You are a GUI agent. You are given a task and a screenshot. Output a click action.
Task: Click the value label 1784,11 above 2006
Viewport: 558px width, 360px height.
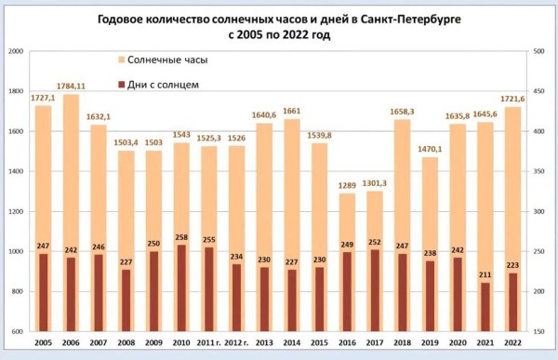pyautogui.click(x=72, y=87)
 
